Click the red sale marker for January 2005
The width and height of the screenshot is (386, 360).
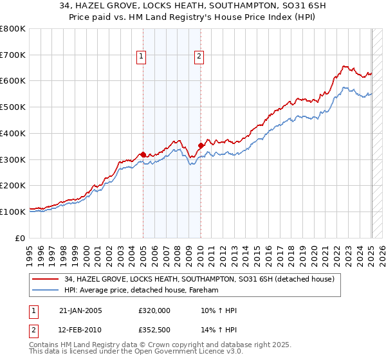tap(143, 154)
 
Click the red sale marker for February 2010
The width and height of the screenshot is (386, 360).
tap(201, 145)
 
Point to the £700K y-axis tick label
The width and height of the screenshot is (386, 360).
tap(14, 55)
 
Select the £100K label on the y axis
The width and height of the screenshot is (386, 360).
tap(14, 212)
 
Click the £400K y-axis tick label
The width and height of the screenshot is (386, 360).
tap(14, 134)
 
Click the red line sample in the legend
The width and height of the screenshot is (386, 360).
tap(46, 280)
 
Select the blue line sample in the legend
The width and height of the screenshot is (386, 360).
tap(46, 291)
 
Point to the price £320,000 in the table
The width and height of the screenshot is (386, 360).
tap(154, 310)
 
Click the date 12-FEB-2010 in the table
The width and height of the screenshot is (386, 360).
tap(82, 330)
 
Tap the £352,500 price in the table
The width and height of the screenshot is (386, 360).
tap(154, 330)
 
